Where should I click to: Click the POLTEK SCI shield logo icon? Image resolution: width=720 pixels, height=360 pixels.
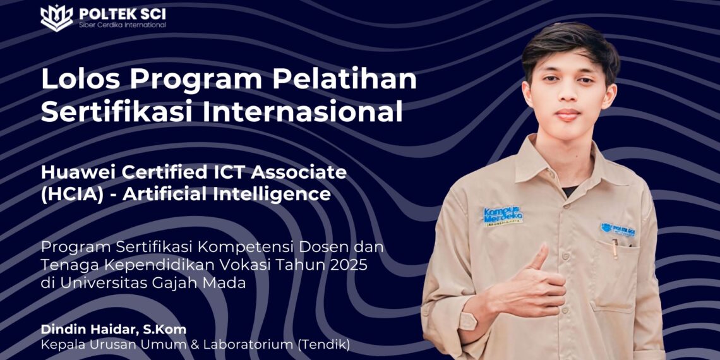click(x=56, y=17)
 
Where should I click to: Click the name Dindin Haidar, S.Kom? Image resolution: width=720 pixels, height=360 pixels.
click(x=114, y=329)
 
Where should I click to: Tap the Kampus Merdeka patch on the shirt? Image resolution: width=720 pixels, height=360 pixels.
click(x=502, y=215)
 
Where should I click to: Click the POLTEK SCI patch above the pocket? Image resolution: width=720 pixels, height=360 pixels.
click(x=618, y=229)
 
